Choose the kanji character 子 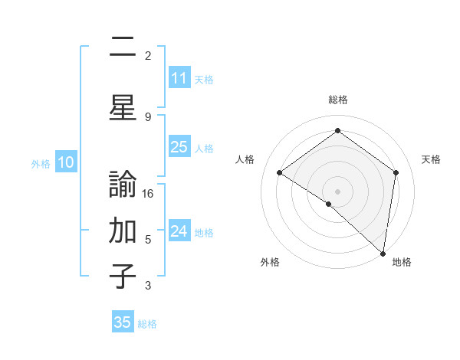[123, 276]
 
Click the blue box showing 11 [179, 78]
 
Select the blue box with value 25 [179, 148]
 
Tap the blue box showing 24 [179, 231]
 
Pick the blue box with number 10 [65, 162]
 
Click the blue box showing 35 [123, 322]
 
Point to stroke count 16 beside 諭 [149, 193]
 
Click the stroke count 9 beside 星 [148, 116]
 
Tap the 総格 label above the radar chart [338, 100]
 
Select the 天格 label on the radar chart [432, 159]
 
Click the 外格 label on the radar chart [270, 262]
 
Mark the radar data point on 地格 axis [383, 253]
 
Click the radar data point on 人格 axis [280, 172]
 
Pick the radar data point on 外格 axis [329, 204]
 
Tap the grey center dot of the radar [338, 191]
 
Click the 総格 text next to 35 [147, 324]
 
